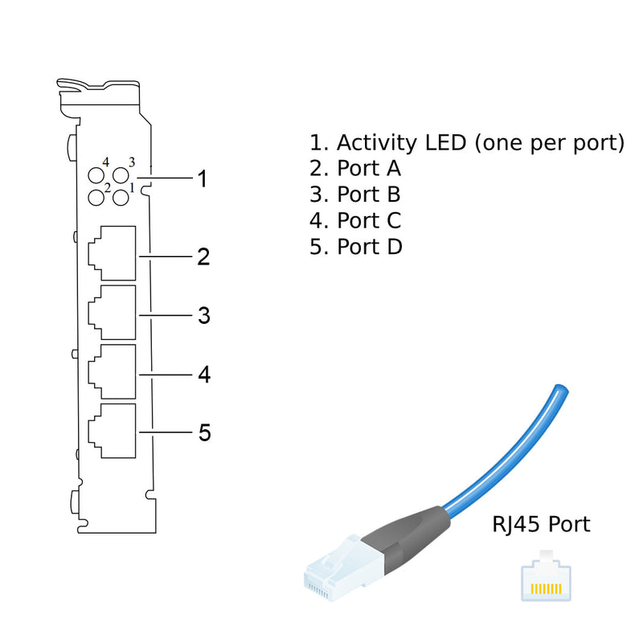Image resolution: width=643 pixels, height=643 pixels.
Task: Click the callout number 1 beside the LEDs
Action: pos(203,178)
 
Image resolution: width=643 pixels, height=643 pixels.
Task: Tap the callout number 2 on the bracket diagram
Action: pos(203,257)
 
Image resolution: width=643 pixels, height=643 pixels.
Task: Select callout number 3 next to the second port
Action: pos(203,316)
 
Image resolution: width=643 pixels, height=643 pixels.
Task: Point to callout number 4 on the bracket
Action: pos(203,375)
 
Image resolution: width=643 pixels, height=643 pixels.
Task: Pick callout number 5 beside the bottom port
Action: pos(204,433)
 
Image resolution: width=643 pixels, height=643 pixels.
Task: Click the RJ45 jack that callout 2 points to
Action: pos(111,253)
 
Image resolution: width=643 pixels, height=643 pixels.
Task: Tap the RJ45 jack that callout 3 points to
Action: pos(111,312)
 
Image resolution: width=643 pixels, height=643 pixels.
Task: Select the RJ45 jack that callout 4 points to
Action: pos(111,371)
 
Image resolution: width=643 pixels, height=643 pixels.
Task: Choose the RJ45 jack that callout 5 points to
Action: pos(111,430)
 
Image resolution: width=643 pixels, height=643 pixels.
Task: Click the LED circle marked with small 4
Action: pos(96,177)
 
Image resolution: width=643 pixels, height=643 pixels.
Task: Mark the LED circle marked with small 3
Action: pos(121,175)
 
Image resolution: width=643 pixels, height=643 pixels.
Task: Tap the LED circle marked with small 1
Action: pos(121,195)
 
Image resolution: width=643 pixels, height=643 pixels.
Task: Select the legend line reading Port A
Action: pos(355,169)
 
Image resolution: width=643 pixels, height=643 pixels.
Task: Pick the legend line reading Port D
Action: pos(356,246)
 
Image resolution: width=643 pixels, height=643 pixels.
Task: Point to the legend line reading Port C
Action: pos(355,220)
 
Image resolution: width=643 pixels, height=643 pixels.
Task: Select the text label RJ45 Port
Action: pos(540,525)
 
